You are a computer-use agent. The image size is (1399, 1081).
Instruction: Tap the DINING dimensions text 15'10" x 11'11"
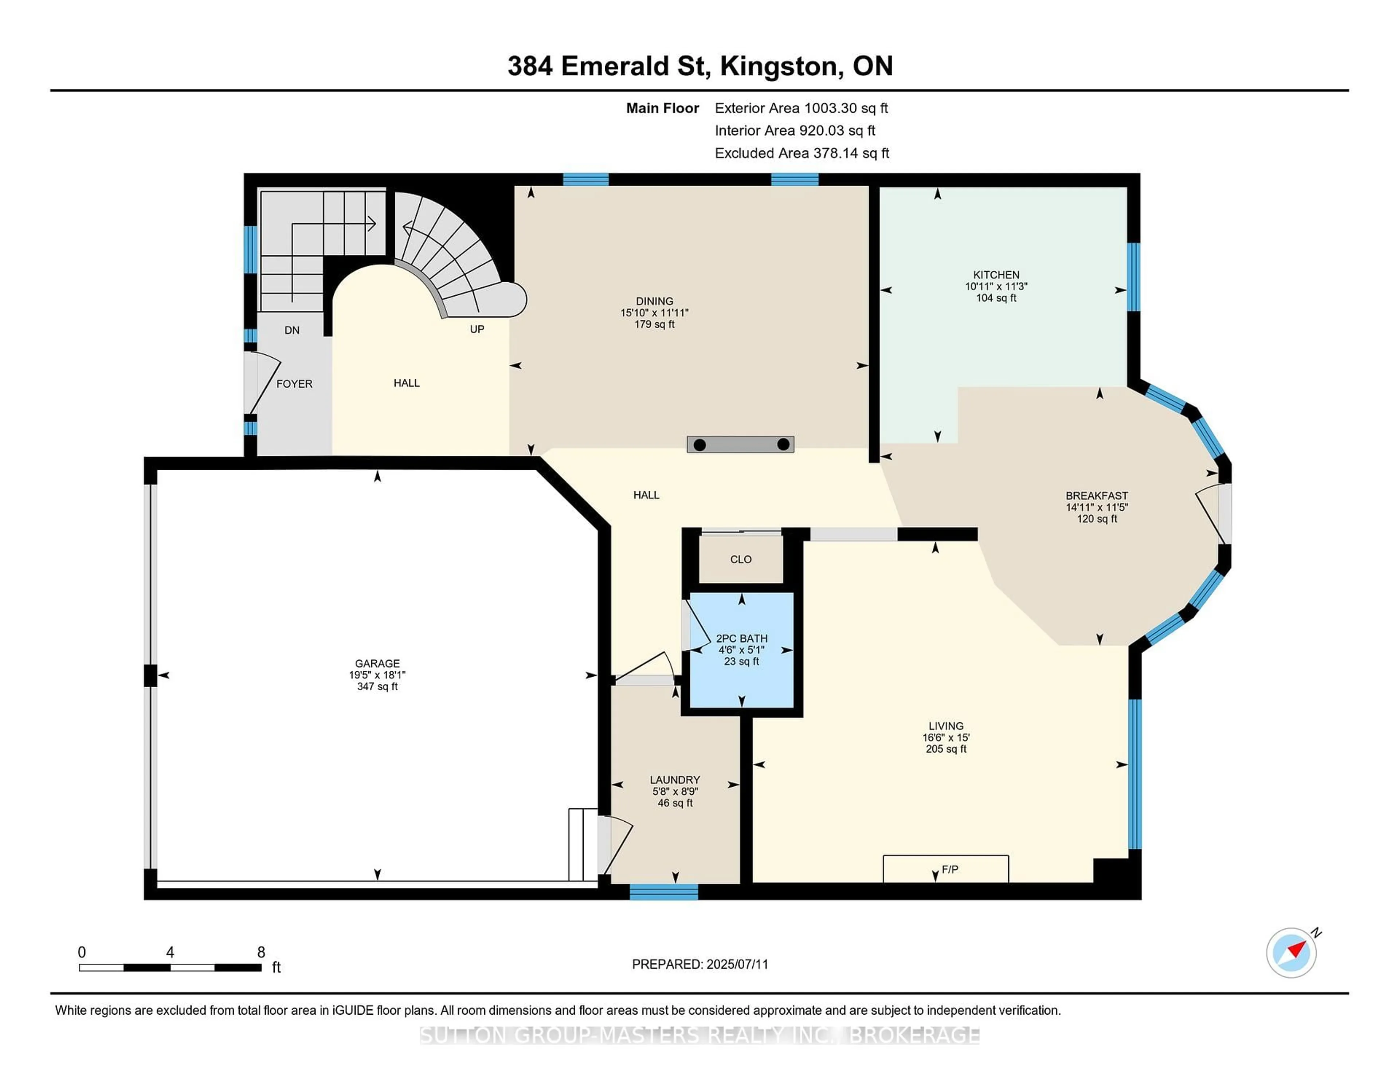tap(654, 312)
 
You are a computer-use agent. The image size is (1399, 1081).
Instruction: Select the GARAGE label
tap(377, 664)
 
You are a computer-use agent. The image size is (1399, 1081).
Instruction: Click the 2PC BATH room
tap(741, 649)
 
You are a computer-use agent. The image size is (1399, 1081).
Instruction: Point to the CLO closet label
tap(741, 559)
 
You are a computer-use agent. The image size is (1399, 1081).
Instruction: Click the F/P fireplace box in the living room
tap(945, 869)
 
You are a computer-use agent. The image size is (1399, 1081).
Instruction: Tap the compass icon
tap(1291, 952)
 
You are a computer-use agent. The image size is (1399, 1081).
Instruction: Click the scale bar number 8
tap(261, 952)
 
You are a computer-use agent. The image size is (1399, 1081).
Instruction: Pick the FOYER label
tap(294, 384)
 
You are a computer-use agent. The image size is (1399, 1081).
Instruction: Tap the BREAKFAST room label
tap(1097, 495)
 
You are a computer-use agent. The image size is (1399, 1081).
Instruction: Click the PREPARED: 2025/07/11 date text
tap(699, 964)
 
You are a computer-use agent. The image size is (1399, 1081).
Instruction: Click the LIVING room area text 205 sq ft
tap(945, 748)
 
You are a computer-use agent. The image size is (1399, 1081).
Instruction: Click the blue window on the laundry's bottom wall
tap(664, 892)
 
